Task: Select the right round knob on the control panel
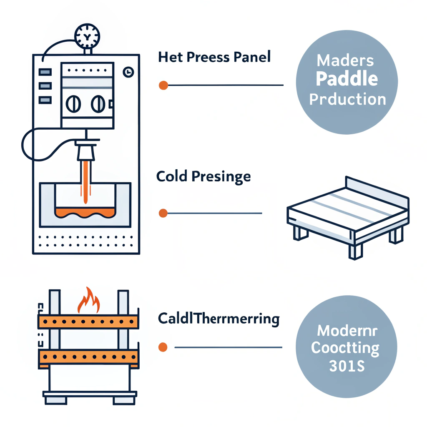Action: pyautogui.click(x=98, y=103)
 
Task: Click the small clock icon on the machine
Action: pyautogui.click(x=128, y=72)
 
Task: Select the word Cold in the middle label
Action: pyautogui.click(x=172, y=177)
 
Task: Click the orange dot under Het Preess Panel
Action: pyautogui.click(x=163, y=85)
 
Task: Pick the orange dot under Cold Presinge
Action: pyautogui.click(x=163, y=213)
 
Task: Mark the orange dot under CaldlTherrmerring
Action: pyautogui.click(x=163, y=347)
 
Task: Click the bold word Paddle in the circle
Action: pyautogui.click(x=347, y=79)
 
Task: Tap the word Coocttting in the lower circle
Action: pyautogui.click(x=346, y=348)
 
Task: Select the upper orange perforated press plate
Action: pyautogui.click(x=88, y=322)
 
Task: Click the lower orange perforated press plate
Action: pyautogui.click(x=88, y=357)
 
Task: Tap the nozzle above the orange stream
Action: pyautogui.click(x=86, y=151)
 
